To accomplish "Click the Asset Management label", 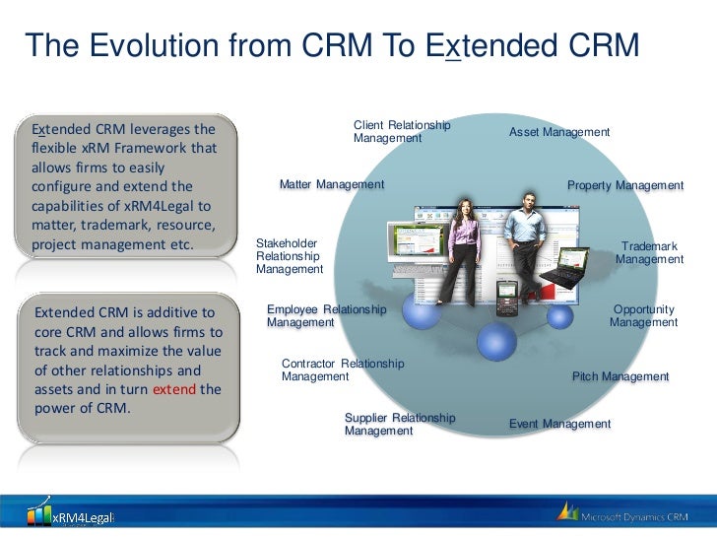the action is pyautogui.click(x=558, y=132).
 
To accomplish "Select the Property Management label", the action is pyautogui.click(x=624, y=185).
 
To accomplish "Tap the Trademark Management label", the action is pyautogui.click(x=649, y=252).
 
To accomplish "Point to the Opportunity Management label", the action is pyautogui.click(x=643, y=315).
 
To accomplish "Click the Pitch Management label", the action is pyautogui.click(x=619, y=376).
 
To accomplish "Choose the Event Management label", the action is pyautogui.click(x=559, y=424).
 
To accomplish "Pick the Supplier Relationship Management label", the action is pyautogui.click(x=400, y=424).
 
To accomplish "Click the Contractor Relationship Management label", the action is pyautogui.click(x=342, y=370).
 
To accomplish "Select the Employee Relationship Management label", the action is pyautogui.click(x=326, y=315).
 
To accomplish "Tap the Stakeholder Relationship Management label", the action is pyautogui.click(x=289, y=256).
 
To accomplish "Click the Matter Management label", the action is pyautogui.click(x=331, y=184).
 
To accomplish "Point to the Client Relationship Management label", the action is pyautogui.click(x=402, y=131).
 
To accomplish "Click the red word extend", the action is pyautogui.click(x=173, y=389).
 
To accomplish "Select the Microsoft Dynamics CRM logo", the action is pyautogui.click(x=626, y=514).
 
